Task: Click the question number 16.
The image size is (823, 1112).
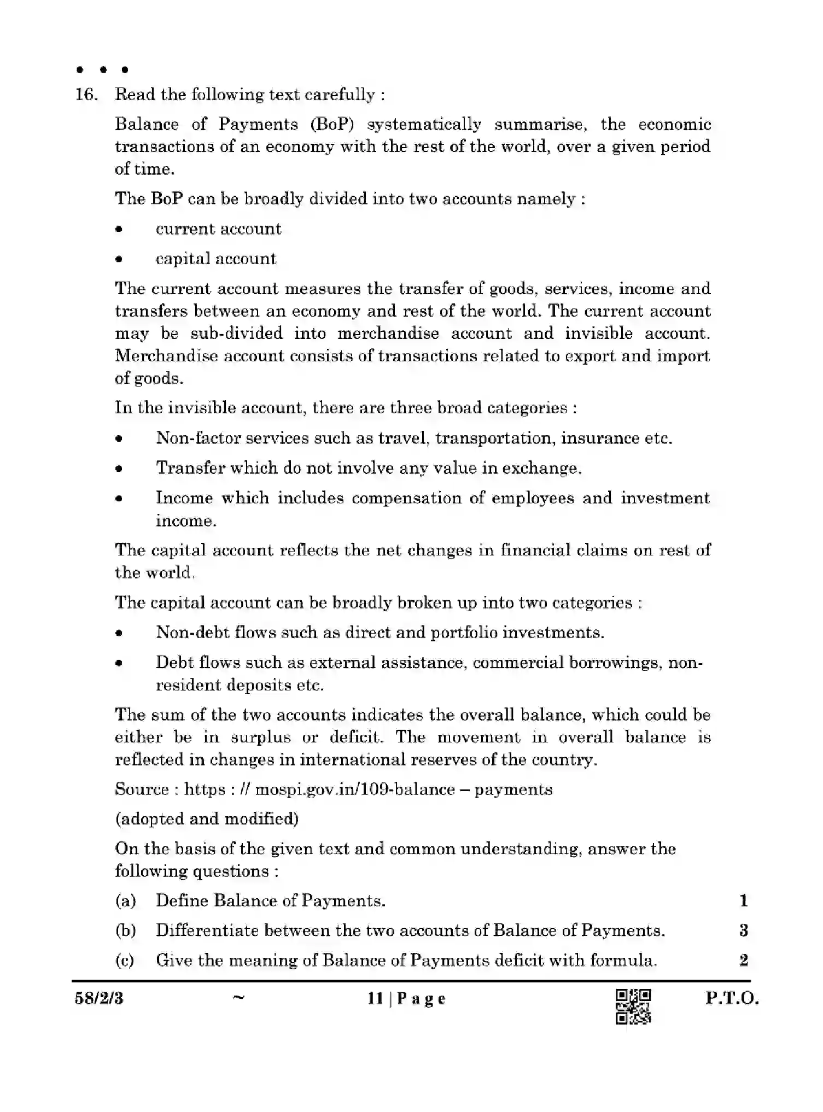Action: pyautogui.click(x=86, y=95)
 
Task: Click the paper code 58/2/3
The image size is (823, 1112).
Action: pyautogui.click(x=99, y=999)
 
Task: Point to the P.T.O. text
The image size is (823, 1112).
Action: pyautogui.click(x=732, y=998)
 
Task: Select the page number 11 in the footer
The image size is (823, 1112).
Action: pyautogui.click(x=375, y=999)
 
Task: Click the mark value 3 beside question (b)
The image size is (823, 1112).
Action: pyautogui.click(x=743, y=930)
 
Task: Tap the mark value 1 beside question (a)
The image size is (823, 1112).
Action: pyautogui.click(x=743, y=900)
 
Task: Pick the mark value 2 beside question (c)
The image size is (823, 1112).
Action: pyautogui.click(x=743, y=960)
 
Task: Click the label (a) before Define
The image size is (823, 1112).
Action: pyautogui.click(x=125, y=900)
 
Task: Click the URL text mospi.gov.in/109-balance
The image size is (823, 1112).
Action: pyautogui.click(x=355, y=789)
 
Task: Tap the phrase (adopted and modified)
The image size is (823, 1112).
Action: pyautogui.click(x=207, y=818)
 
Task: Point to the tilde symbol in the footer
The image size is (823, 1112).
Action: pyautogui.click(x=238, y=997)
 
